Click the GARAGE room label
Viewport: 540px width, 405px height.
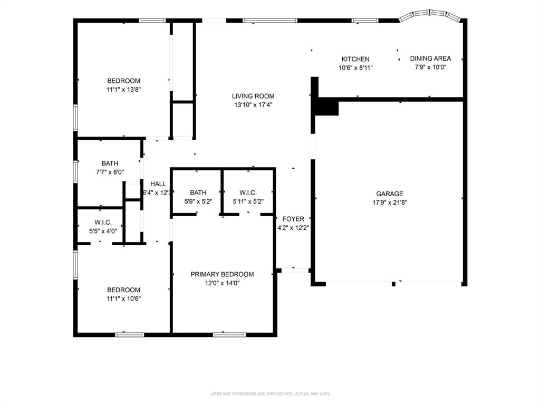(x=389, y=194)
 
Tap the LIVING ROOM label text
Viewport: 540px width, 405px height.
(x=253, y=96)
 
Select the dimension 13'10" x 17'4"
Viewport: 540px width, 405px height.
(x=253, y=104)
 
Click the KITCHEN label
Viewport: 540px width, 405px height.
(x=355, y=59)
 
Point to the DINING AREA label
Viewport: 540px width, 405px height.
(x=430, y=59)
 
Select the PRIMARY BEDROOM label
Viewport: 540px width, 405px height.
(x=222, y=274)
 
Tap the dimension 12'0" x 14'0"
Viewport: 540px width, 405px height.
(x=222, y=283)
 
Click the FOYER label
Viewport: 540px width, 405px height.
(x=293, y=219)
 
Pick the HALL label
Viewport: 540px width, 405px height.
(x=158, y=184)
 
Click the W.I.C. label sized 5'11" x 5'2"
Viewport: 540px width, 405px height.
(x=248, y=192)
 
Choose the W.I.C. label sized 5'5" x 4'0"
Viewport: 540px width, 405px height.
(x=103, y=223)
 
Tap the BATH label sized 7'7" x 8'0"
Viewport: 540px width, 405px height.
(x=110, y=163)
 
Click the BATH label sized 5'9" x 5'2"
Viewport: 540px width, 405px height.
(x=198, y=192)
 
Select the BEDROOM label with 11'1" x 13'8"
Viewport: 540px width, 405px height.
(x=123, y=81)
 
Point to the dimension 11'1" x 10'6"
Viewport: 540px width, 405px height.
(x=123, y=298)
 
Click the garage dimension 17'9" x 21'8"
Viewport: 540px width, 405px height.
(x=389, y=202)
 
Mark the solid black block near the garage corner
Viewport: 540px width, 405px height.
(x=326, y=108)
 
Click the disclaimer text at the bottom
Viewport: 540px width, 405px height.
(x=270, y=393)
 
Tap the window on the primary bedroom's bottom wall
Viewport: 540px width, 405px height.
(x=229, y=334)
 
